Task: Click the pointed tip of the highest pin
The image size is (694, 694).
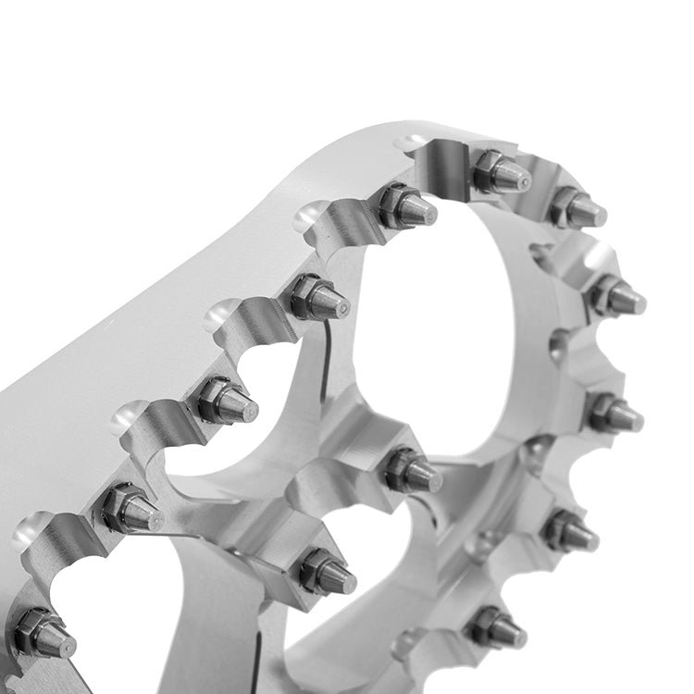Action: coord(525,179)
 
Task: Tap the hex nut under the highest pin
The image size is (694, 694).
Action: coord(487,168)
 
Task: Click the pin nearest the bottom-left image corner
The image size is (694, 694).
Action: coord(43,634)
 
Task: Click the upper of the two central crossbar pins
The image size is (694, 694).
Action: coord(413,471)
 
